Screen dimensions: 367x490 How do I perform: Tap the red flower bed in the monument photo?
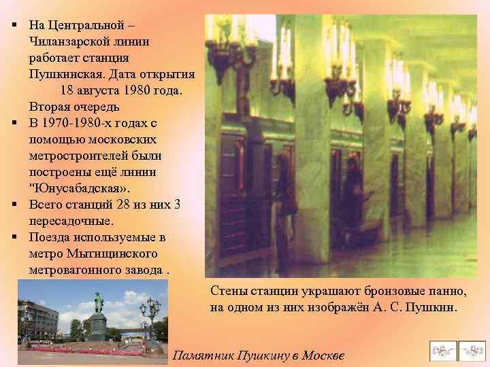tap(88, 349)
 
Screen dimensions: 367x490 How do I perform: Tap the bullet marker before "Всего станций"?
tap(14, 205)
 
